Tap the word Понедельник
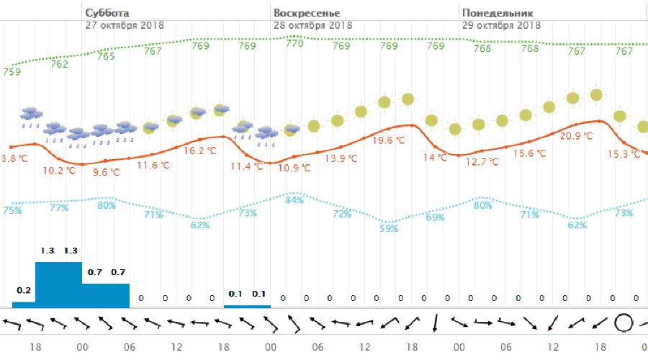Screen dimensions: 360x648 pos(497,13)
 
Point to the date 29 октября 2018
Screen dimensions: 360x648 pos(501,24)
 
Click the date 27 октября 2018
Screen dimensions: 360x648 pos(124,24)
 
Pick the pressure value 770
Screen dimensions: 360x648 pos(294,43)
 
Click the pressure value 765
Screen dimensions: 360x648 pos(106,56)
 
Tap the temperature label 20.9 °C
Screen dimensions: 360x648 pos(576,136)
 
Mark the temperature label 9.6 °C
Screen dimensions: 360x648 pos(107,173)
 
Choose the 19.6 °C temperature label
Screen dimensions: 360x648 pos(390,140)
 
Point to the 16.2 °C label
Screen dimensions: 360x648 pos(199,151)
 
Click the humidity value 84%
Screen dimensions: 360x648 pos(294,199)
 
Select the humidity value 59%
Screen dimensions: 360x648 pos(389,229)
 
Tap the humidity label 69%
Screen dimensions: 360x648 pos(435,217)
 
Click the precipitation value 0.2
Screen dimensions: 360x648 pos(24,290)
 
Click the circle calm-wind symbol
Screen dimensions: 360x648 pos(623,323)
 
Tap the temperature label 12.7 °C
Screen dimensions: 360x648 pos(482,163)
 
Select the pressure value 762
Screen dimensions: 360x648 pos(59,64)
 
